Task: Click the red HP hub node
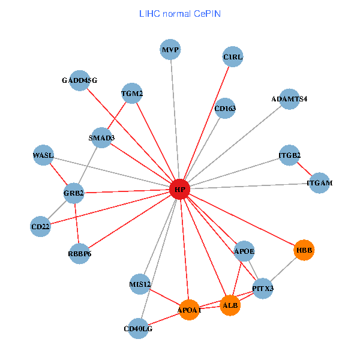point(179,190)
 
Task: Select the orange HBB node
point(304,249)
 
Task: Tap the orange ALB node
point(230,305)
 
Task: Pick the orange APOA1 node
point(189,310)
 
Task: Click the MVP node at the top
point(170,49)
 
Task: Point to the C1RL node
point(232,57)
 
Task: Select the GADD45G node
point(79,80)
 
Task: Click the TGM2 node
point(132,93)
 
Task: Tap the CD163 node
point(225,109)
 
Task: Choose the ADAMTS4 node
point(289,99)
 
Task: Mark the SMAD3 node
point(101,137)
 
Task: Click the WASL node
point(43,155)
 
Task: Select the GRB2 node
point(74,193)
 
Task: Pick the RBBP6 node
point(80,254)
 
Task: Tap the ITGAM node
point(319,182)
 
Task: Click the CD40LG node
point(138,328)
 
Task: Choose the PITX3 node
point(263,289)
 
